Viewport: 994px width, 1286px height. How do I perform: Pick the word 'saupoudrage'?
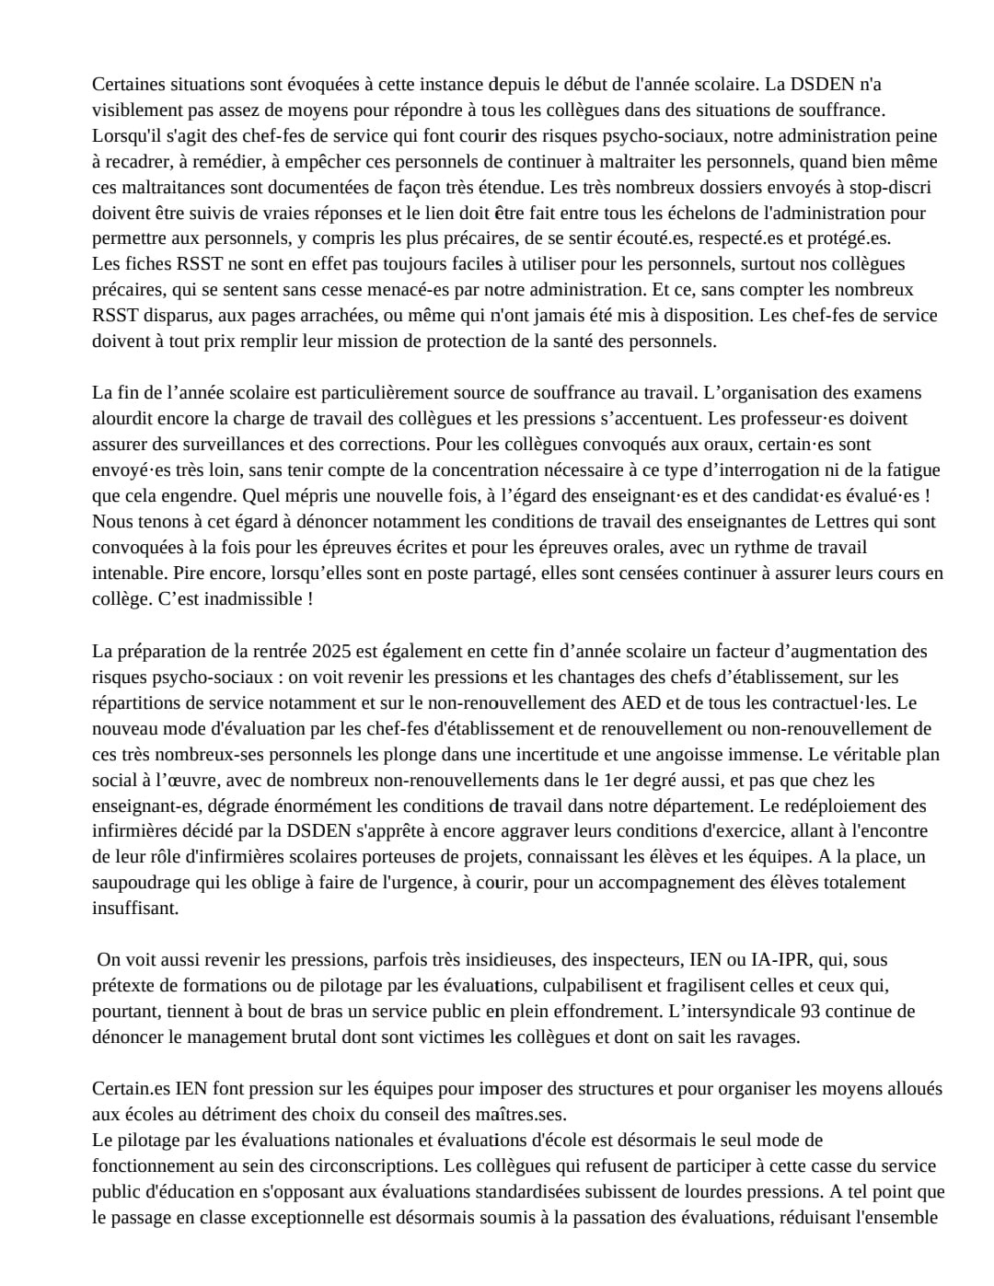click(139, 883)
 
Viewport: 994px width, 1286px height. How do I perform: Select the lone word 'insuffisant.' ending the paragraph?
click(135, 909)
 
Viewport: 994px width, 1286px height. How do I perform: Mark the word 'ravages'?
click(768, 1037)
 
